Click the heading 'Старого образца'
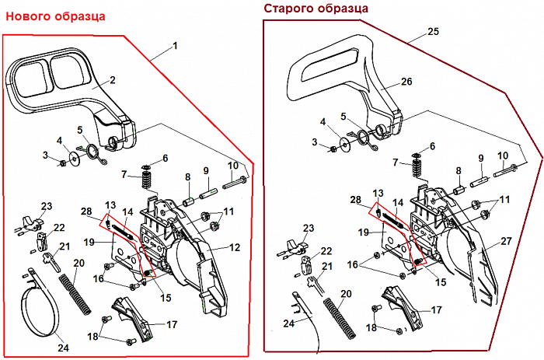pyautogui.click(x=316, y=8)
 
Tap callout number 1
pyautogui.click(x=175, y=46)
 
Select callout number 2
pyautogui.click(x=112, y=79)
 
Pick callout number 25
pyautogui.click(x=434, y=32)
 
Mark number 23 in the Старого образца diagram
pyautogui.click(x=309, y=229)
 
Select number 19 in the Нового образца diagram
pyautogui.click(x=89, y=242)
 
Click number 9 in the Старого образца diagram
pyautogui.click(x=481, y=158)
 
